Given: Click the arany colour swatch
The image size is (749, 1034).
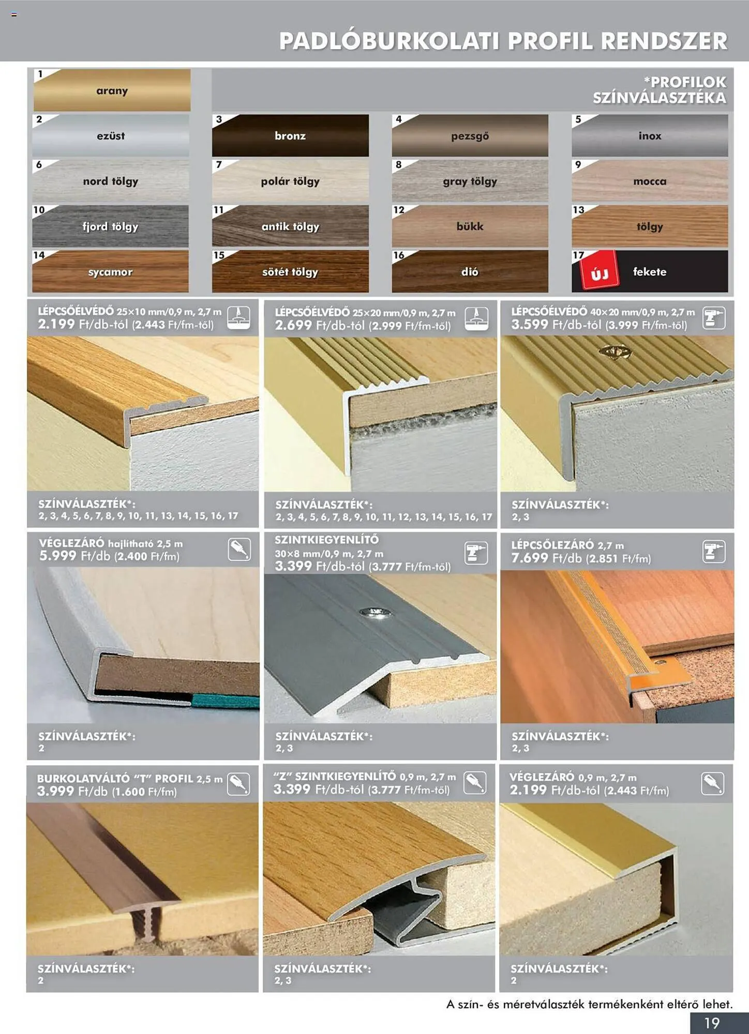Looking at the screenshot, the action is tap(112, 90).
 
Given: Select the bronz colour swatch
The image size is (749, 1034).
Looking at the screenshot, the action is tap(290, 135).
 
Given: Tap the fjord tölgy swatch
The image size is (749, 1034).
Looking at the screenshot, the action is tap(110, 226).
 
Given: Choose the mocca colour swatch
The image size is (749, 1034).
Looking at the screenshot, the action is tap(650, 180).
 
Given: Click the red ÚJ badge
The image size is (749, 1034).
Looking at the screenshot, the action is tap(599, 270).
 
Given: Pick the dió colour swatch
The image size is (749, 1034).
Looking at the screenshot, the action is tap(470, 271).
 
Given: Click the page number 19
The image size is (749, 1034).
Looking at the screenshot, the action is tap(712, 1023).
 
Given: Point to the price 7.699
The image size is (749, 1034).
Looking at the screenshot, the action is tap(529, 558).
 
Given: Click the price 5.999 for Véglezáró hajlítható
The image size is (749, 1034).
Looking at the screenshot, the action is tap(57, 556).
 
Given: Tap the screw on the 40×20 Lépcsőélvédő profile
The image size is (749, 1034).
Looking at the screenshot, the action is tap(615, 352).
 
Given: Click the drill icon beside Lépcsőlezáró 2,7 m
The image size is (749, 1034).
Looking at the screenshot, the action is tap(713, 552).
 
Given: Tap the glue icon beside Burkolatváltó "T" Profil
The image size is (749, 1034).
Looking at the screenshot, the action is tap(238, 784).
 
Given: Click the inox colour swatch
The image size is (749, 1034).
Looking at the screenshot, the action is tap(650, 135).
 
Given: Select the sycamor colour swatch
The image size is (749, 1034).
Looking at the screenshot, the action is tap(110, 271).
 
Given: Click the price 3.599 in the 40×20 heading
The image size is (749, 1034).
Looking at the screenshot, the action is tap(529, 325).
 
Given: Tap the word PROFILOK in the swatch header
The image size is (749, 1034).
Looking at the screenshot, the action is tap(688, 82).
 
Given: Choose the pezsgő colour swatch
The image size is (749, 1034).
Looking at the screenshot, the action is tap(470, 135).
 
